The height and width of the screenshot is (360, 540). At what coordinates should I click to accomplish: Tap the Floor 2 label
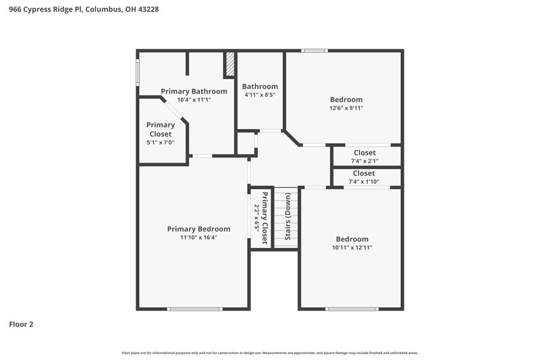click(21, 324)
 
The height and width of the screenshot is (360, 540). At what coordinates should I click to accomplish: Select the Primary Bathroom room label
click(194, 91)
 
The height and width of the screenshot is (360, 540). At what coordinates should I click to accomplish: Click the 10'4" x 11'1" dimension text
click(194, 100)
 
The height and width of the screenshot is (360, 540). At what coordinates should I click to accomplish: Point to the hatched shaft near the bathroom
click(230, 66)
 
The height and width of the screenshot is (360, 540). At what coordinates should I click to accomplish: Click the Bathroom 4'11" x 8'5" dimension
click(260, 95)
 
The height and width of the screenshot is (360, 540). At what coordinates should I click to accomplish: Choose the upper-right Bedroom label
click(346, 99)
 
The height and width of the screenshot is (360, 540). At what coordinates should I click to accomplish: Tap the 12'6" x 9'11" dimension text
click(346, 108)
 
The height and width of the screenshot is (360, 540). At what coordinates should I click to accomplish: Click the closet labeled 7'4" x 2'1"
click(364, 161)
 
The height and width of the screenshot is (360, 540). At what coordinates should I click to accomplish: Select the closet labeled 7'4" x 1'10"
click(364, 181)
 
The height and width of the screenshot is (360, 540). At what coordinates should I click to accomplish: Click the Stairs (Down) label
click(288, 217)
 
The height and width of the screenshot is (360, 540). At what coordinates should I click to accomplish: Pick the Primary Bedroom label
click(198, 229)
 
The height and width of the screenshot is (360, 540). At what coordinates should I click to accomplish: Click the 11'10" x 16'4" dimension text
click(198, 238)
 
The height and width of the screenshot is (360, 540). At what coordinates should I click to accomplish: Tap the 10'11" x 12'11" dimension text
click(352, 248)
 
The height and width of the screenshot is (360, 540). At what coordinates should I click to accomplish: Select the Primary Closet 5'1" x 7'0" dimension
click(161, 143)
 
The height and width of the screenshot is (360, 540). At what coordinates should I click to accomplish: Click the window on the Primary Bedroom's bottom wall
click(194, 309)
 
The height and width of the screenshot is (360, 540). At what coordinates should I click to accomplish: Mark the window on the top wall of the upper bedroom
click(313, 50)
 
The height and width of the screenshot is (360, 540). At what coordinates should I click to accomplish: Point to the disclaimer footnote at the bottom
click(270, 353)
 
